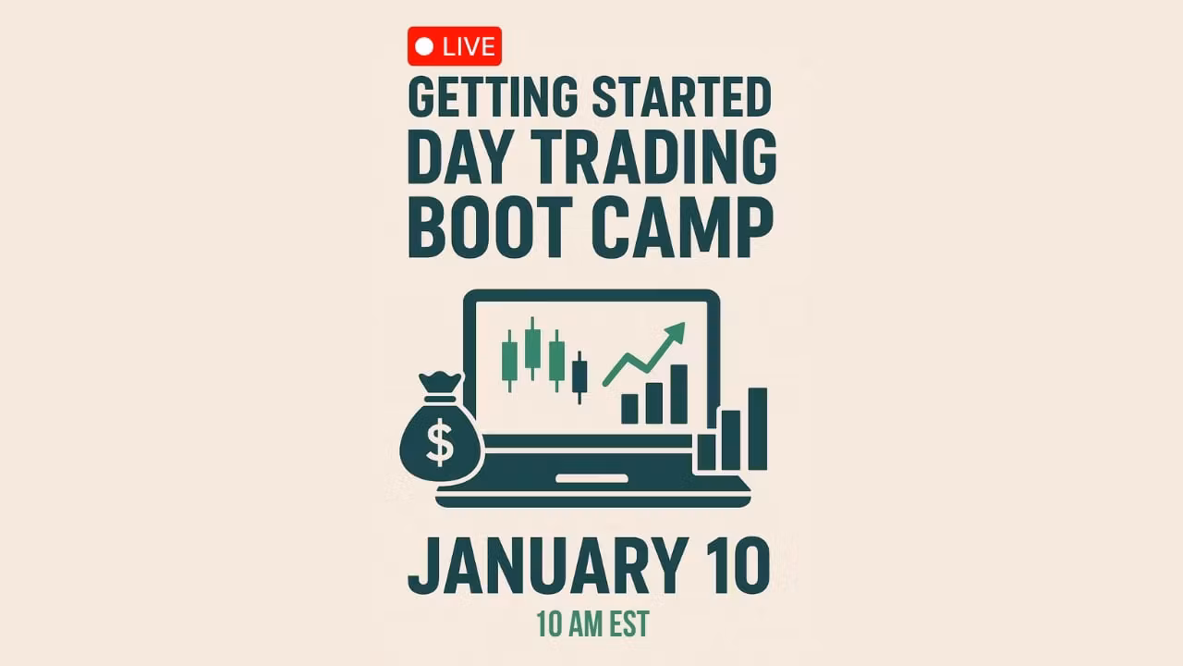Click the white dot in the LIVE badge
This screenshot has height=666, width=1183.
(424, 46)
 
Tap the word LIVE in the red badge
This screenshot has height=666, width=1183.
(469, 46)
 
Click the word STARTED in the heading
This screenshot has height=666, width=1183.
(682, 97)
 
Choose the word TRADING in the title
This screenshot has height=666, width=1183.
(653, 157)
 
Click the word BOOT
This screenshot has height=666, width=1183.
(490, 228)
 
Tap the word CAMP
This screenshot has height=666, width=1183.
(682, 228)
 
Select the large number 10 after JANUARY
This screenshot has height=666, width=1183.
(738, 566)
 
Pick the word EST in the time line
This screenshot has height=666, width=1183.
(629, 624)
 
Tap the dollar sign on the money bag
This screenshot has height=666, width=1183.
(440, 442)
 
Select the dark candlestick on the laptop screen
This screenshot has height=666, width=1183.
(579, 377)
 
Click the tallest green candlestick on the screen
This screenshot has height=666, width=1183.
(532, 348)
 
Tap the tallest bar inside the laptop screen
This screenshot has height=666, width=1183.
(678, 394)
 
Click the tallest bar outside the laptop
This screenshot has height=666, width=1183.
(757, 428)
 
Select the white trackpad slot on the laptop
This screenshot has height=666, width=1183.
(591, 479)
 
